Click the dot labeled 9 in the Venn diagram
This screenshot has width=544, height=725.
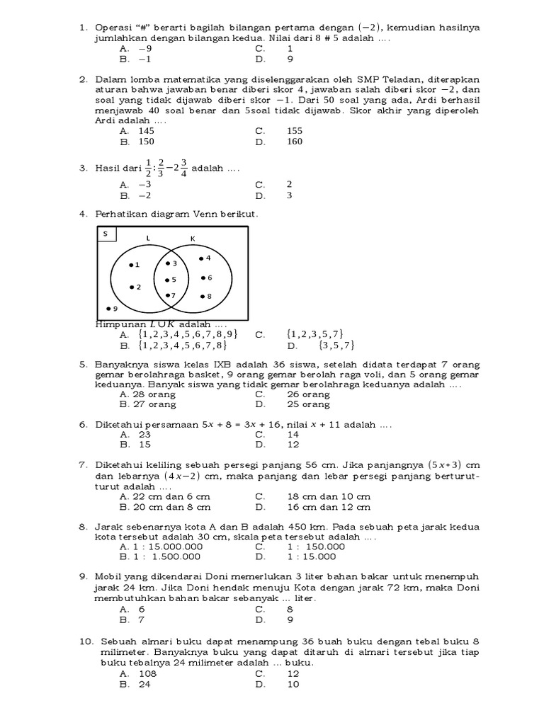point(107,308)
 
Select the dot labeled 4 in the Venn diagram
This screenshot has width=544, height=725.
point(200,258)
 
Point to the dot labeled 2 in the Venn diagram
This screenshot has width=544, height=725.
point(131,287)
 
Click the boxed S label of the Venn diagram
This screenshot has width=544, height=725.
point(106,234)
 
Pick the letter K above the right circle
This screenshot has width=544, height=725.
point(192,239)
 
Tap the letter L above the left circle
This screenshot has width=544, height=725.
point(147,239)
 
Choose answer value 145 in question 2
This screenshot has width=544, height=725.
point(147,131)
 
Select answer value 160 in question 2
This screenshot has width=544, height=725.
point(294,142)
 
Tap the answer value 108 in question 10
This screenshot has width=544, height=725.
point(147,674)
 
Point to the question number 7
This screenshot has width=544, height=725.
point(83,465)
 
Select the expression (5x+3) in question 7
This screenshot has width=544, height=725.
point(446,465)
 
